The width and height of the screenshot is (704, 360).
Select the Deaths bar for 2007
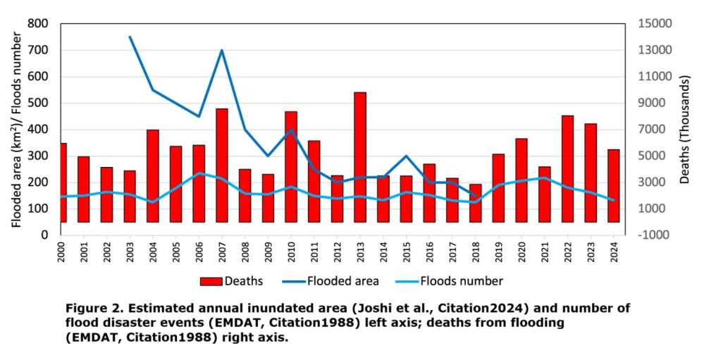(x=222, y=165)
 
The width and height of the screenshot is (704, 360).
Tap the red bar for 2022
(x=567, y=168)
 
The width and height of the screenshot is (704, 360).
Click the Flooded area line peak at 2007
(x=222, y=50)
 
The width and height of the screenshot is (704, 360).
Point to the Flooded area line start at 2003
(x=130, y=37)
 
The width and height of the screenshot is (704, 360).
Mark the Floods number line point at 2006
(x=199, y=173)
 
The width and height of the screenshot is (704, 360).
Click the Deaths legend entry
(x=232, y=281)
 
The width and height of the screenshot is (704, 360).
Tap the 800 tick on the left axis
(x=38, y=23)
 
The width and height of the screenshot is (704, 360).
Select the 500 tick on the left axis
(x=38, y=103)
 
